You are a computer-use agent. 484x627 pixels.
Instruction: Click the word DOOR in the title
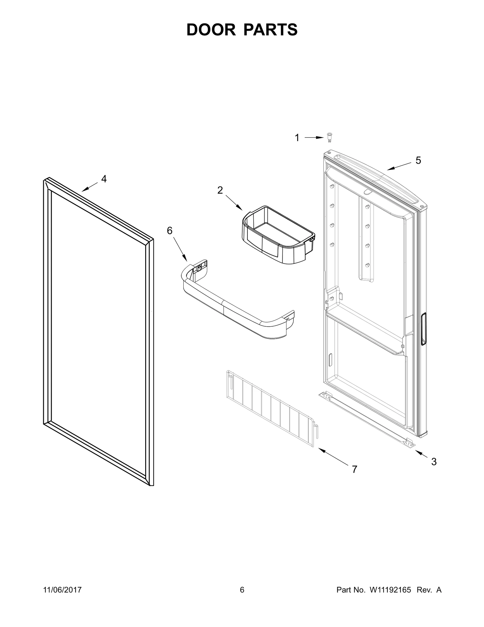[x=211, y=30]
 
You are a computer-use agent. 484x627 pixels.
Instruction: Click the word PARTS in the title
[x=270, y=30]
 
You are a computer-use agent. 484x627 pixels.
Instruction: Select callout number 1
[x=297, y=138]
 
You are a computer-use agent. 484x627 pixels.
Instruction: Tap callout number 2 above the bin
[x=220, y=190]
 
